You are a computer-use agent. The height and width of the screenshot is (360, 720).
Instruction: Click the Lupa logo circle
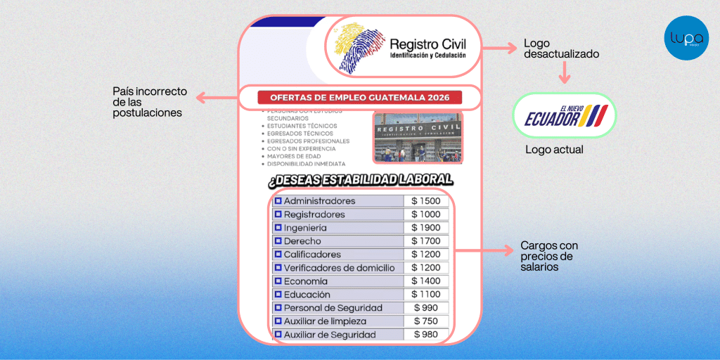click(x=686, y=38)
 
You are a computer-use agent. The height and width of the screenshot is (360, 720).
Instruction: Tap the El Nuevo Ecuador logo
click(x=565, y=115)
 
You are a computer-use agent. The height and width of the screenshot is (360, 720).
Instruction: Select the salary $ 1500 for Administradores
click(x=425, y=201)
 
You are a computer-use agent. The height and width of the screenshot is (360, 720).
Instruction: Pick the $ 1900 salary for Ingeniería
click(x=425, y=228)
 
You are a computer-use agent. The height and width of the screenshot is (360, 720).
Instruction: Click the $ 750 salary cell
click(x=425, y=321)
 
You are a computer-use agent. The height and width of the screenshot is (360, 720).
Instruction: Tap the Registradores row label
click(x=314, y=214)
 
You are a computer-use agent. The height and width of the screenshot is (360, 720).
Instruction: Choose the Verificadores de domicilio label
click(x=339, y=268)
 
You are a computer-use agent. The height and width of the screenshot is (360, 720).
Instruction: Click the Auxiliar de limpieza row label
click(x=325, y=321)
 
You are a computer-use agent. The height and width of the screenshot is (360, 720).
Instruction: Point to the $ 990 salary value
click(x=425, y=308)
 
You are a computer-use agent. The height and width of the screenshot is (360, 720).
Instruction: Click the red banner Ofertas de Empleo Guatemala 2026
click(x=359, y=98)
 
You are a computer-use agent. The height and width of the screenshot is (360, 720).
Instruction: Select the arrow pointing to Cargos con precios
click(x=484, y=250)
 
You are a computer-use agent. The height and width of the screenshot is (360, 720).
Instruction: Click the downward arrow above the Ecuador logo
click(x=563, y=73)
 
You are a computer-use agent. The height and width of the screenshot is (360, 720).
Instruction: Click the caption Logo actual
click(x=554, y=150)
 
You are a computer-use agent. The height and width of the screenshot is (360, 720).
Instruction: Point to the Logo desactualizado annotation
click(x=561, y=48)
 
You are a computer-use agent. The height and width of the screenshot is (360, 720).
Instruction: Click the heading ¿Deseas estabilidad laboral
click(x=360, y=180)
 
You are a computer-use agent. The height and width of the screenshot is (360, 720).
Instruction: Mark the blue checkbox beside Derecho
click(x=278, y=241)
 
